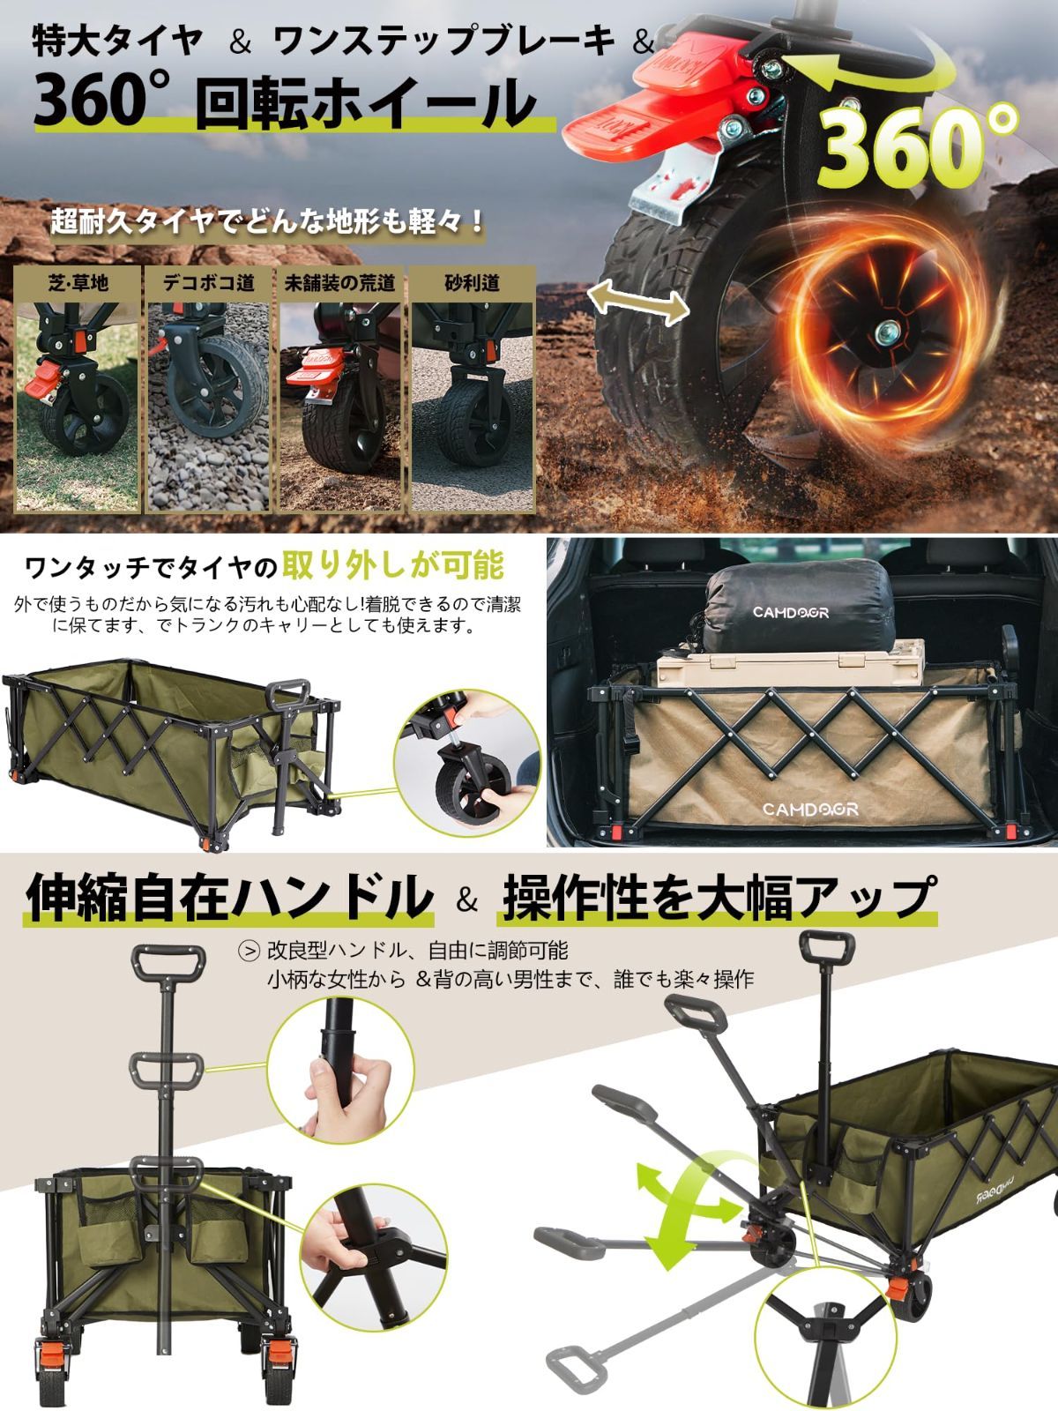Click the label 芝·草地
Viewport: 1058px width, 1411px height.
point(78,283)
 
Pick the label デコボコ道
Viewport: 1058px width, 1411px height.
point(209,283)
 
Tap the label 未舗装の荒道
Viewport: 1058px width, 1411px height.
point(339,283)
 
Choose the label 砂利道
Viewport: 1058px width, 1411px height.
point(472,283)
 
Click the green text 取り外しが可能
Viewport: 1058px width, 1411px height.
point(393,565)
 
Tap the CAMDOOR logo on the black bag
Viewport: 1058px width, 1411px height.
point(790,612)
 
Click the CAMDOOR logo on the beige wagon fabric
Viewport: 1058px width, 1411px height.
point(809,809)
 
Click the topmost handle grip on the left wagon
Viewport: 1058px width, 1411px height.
point(169,958)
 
